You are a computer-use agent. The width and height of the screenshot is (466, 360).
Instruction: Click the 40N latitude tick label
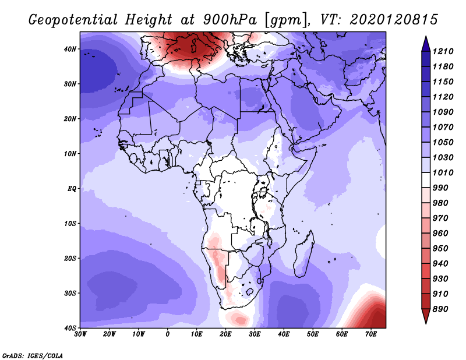click(x=70, y=49)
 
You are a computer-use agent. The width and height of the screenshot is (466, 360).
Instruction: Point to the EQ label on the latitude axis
click(x=72, y=189)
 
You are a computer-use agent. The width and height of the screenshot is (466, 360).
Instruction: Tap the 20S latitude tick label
click(x=70, y=258)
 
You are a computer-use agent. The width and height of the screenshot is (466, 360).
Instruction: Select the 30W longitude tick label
click(x=80, y=334)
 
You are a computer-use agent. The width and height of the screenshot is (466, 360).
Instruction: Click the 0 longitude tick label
click(x=168, y=334)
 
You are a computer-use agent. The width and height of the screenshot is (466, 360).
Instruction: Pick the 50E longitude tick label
click(x=313, y=334)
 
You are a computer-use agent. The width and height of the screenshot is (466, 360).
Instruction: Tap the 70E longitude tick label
click(x=371, y=334)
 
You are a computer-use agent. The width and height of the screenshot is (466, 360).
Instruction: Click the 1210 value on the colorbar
click(x=443, y=51)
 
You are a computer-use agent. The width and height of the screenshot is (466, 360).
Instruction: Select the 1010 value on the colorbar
click(x=443, y=172)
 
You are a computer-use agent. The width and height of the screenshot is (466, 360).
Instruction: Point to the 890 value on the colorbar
click(x=440, y=309)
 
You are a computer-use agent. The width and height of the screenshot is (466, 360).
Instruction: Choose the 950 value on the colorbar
click(x=440, y=249)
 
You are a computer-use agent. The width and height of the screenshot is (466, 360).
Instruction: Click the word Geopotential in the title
click(x=73, y=20)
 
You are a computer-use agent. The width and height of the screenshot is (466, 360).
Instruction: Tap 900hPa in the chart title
click(x=230, y=20)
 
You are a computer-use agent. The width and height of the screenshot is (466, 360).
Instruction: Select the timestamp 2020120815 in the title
click(x=394, y=20)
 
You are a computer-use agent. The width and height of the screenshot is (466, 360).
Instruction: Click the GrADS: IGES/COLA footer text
click(x=33, y=356)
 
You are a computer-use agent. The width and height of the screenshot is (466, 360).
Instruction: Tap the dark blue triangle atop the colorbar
click(x=426, y=44)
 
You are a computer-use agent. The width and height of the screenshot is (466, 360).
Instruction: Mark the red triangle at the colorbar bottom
click(x=426, y=316)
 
